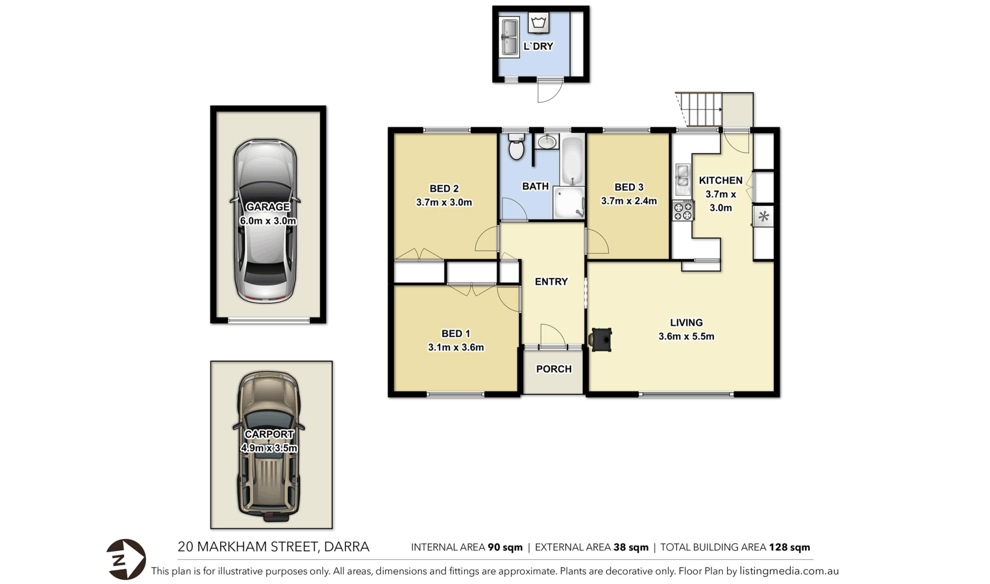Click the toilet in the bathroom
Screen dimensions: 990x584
[516, 147]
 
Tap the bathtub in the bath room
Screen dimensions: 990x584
[572, 160]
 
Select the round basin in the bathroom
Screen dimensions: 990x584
[546, 141]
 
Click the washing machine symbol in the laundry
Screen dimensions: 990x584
[539, 23]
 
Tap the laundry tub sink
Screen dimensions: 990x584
[509, 37]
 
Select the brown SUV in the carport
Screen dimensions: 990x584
[268, 447]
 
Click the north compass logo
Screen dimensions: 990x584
[126, 559]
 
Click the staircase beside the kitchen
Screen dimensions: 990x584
[699, 109]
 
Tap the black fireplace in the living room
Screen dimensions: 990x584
[601, 340]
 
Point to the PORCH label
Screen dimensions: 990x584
[554, 369]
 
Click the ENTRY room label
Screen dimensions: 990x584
[551, 282]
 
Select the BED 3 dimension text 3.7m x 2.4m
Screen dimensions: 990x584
[629, 201]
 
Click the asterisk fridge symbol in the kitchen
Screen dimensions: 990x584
[764, 217]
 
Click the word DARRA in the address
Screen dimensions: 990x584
[346, 547]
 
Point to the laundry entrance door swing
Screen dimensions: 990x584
[549, 92]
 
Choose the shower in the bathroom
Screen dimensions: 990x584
[569, 202]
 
